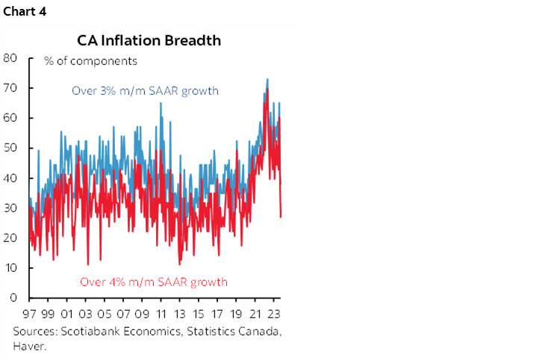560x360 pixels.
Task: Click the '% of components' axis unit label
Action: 90,60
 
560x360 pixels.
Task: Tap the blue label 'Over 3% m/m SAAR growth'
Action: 145,91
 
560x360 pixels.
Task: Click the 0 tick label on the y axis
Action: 14,297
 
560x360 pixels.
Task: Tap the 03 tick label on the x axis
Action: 86,314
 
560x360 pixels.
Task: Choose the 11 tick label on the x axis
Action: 161,314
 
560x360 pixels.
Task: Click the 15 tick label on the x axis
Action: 199,314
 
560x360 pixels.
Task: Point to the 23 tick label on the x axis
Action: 275,314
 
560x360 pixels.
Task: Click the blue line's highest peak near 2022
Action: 267,79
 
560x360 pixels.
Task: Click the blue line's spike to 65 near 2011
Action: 160,103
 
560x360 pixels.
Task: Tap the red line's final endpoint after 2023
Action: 281,217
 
